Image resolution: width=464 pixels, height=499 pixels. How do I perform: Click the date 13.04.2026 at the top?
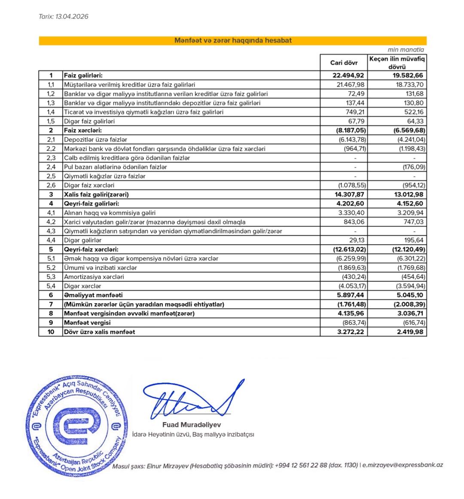[72, 17]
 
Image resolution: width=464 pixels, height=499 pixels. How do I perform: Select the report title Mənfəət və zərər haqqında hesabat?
[232, 41]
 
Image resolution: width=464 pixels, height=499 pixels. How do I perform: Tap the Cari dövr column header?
[344, 63]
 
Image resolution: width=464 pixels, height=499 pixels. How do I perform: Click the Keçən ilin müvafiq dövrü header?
[397, 63]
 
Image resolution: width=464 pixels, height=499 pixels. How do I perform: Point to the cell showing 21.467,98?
[348, 85]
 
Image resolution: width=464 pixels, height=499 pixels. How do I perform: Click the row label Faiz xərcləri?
[83, 130]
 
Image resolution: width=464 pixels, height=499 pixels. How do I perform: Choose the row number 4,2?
[51, 222]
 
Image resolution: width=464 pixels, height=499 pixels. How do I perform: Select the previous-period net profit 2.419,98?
[409, 332]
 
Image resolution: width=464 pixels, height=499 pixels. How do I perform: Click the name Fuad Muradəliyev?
[192, 425]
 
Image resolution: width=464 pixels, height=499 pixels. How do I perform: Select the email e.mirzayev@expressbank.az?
[403, 465]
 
